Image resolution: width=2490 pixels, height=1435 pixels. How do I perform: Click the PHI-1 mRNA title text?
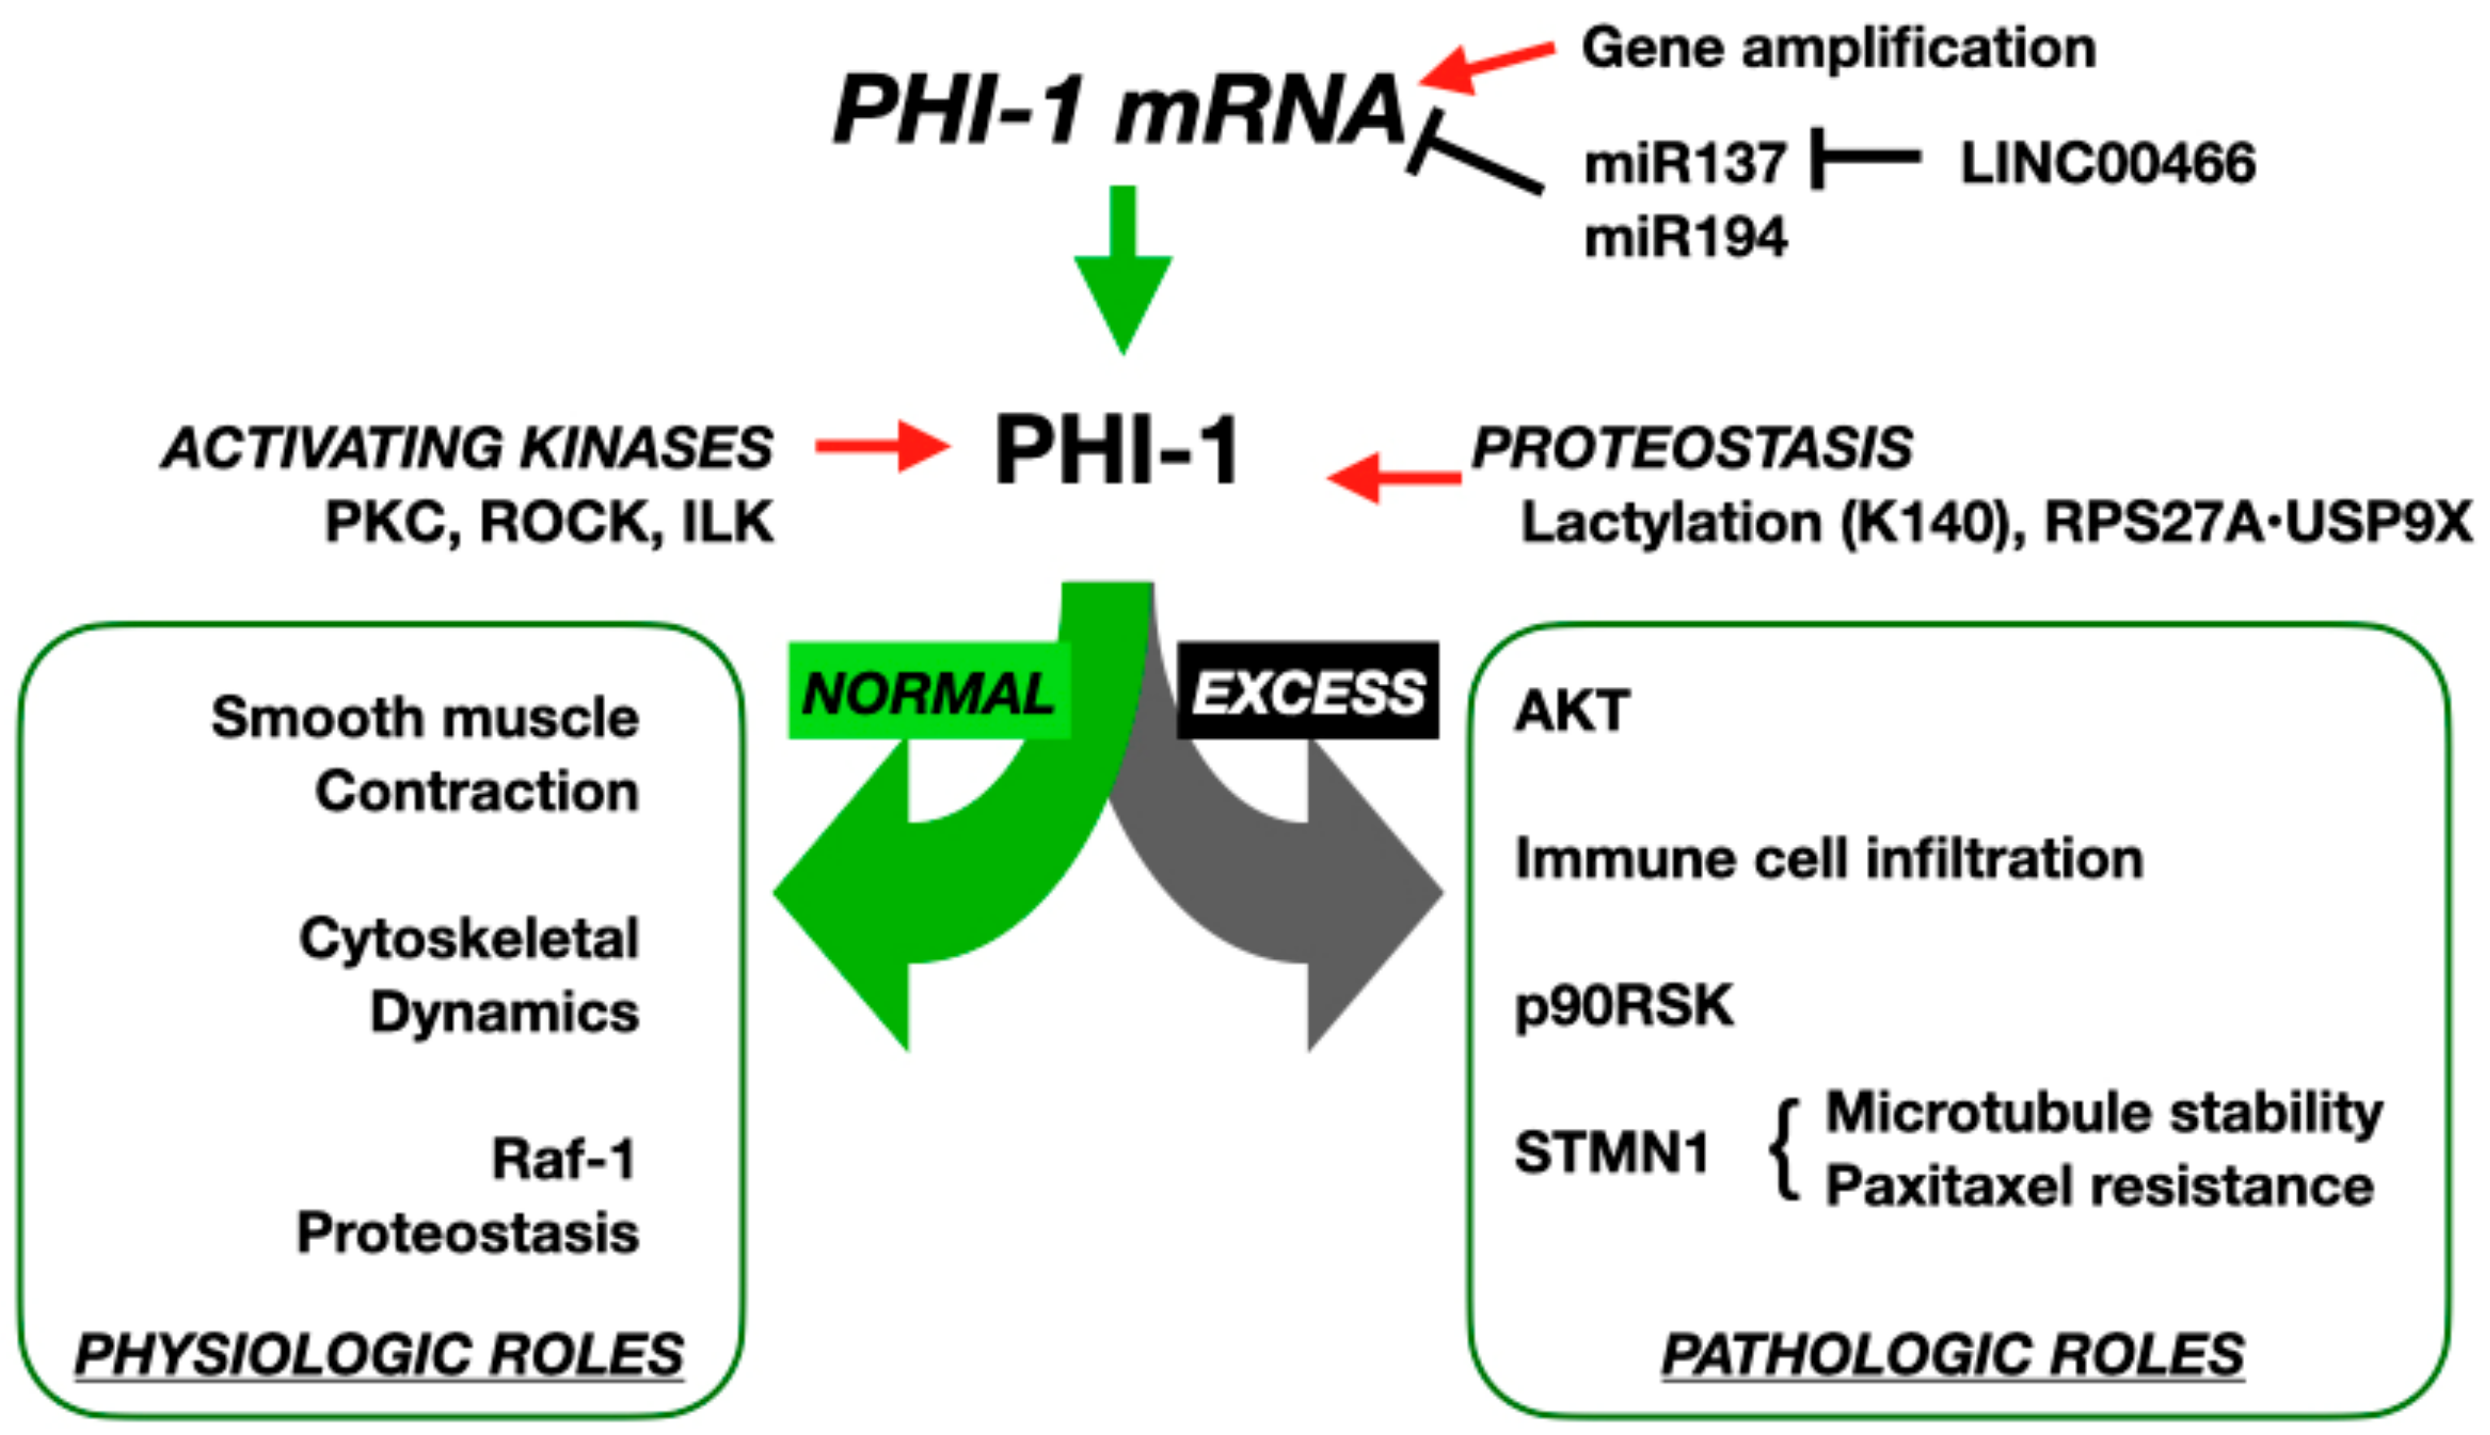click(x=1118, y=110)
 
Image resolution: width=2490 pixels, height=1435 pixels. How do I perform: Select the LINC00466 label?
click(x=2107, y=162)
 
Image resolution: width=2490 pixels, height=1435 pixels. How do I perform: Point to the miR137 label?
click(x=1684, y=162)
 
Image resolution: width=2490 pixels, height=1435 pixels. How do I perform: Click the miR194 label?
click(x=1684, y=237)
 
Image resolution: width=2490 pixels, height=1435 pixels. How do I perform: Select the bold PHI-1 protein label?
click(x=1117, y=451)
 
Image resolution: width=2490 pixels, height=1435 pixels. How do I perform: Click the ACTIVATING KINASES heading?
click(x=467, y=448)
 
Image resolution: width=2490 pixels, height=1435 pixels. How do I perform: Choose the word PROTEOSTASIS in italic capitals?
click(x=1691, y=448)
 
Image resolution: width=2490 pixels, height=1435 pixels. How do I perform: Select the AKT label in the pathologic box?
click(x=1571, y=711)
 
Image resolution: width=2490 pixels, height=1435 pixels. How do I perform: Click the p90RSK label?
click(x=1623, y=1005)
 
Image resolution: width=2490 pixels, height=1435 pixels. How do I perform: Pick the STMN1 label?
click(x=1611, y=1151)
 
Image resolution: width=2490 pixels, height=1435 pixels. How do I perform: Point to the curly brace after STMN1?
click(x=1783, y=1149)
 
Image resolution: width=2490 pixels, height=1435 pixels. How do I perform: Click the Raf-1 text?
click(x=564, y=1158)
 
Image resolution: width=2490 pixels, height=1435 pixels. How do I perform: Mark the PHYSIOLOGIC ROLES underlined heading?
click(x=379, y=1354)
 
